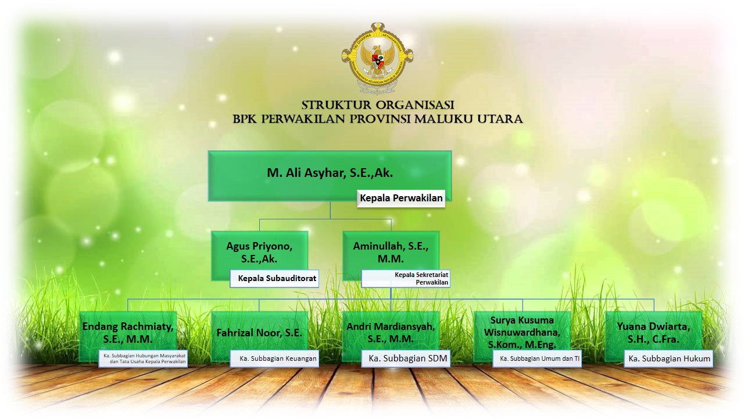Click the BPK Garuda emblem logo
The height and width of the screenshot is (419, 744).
tap(377, 58)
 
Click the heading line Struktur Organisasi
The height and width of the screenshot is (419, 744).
tap(378, 105)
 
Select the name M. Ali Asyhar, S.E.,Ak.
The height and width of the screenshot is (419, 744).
tap(330, 173)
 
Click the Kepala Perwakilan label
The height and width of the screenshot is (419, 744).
tap(401, 198)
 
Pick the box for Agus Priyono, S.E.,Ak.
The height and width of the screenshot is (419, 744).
tap(259, 255)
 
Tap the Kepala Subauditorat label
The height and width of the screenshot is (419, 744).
tap(274, 278)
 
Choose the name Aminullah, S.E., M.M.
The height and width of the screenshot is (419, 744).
tap(391, 253)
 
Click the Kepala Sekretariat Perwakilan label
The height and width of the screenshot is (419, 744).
tap(406, 279)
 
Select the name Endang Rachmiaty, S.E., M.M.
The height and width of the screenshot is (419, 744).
tap(128, 332)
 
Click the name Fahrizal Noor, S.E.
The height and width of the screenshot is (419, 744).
tap(259, 333)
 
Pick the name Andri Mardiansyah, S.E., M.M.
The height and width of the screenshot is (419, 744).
tap(391, 332)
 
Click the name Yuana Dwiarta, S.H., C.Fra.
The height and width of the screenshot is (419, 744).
tap(653, 332)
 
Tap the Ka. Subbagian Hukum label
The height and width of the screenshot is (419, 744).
tap(668, 358)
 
